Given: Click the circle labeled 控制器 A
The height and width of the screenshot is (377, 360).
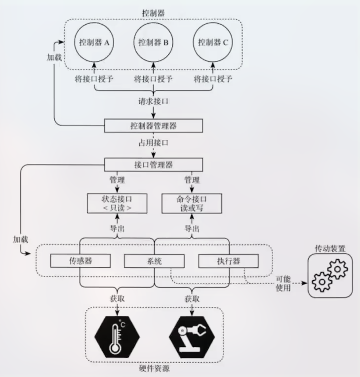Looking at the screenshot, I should pos(94,42).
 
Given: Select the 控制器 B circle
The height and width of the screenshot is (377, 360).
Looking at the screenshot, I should pos(153,42).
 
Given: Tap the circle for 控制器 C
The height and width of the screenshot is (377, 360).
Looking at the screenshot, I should pos(213,42).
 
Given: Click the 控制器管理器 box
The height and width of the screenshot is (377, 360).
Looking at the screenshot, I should pos(154,126).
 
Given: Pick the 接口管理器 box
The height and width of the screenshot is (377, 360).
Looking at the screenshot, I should pos(154,165).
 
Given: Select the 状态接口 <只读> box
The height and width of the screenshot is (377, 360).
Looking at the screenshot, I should pos(117,203).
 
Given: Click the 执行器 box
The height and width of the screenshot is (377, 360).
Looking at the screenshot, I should pos(228,260).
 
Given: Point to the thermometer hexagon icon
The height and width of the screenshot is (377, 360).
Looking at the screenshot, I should pos(117,338).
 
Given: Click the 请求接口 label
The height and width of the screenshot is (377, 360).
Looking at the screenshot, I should pos(154,101).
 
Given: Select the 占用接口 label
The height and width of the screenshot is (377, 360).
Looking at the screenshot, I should pos(154,143).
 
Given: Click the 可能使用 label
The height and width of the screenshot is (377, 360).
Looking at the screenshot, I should pos(283,284).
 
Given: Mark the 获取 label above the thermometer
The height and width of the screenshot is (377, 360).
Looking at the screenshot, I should pos(117,298).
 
